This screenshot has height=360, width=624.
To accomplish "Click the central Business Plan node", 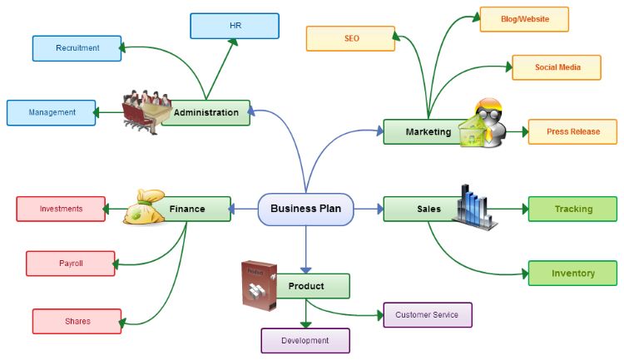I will click(x=305, y=209).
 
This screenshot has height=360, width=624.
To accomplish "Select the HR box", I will click(x=234, y=26).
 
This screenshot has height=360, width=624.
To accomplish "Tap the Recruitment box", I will click(x=77, y=48).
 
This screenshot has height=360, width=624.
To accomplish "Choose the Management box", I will click(x=51, y=112).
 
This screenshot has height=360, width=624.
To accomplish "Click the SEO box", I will click(x=350, y=38).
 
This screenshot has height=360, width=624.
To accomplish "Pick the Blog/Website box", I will click(x=523, y=19).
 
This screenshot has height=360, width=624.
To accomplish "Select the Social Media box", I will click(x=556, y=67).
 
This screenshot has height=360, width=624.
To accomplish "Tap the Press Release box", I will click(x=572, y=131).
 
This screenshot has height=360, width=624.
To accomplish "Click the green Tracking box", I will click(x=572, y=209).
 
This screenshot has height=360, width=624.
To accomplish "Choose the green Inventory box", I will click(x=572, y=273).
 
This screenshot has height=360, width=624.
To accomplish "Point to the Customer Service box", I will click(x=427, y=315).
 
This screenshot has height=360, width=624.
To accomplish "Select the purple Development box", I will click(x=305, y=341).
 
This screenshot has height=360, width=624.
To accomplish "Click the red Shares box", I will click(x=77, y=321).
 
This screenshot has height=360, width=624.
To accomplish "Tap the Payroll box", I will click(x=71, y=264).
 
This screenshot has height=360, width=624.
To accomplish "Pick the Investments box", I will click(x=61, y=209).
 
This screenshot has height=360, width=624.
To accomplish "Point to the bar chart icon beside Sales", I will click(x=474, y=204).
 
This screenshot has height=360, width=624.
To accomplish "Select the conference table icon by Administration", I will click(x=146, y=111).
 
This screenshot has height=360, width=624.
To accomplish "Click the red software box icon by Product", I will click(x=260, y=284).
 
